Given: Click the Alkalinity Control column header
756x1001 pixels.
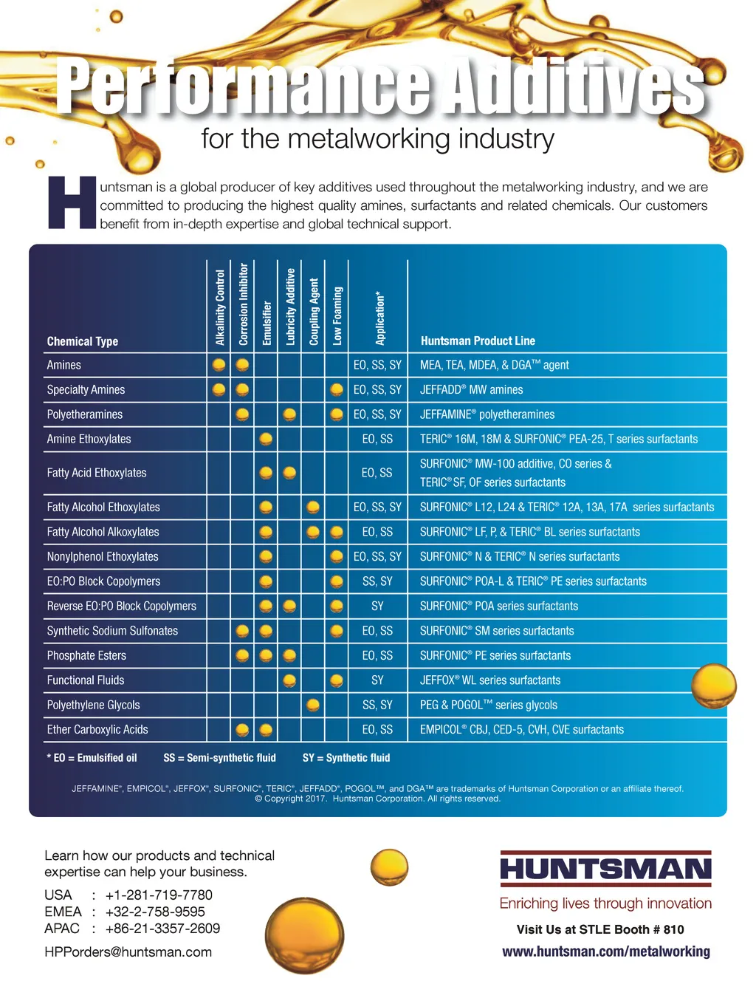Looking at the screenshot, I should tap(220, 307).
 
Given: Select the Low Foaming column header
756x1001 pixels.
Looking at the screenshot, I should tap(337, 315).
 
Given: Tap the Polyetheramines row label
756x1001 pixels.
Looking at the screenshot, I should tap(85, 414).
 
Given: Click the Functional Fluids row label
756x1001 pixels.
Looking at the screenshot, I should tap(86, 680).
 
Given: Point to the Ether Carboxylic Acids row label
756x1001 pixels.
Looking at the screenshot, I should tap(97, 730).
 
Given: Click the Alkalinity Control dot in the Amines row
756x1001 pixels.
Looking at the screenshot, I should tap(219, 365).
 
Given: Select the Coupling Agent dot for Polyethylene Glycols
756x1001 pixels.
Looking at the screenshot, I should tap(313, 705).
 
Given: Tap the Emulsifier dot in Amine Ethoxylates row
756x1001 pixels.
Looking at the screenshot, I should tap(267, 439).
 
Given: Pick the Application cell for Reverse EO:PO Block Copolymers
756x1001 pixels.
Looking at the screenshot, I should tap(377, 607).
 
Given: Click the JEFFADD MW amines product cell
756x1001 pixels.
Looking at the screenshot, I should tap(471, 390).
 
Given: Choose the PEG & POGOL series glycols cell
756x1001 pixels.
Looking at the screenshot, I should tap(489, 706).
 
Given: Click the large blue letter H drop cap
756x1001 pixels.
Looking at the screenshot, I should tap(72, 202).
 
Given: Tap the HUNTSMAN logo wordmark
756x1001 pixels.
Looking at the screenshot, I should tap(605, 869).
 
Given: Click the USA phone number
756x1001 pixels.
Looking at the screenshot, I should tap(159, 895).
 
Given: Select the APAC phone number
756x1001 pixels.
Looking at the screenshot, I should tap(162, 929).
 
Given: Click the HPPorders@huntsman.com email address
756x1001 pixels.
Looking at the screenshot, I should tap(128, 952).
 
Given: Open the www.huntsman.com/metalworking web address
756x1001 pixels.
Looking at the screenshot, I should tap(606, 952).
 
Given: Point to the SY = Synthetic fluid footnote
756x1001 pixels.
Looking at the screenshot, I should tap(346, 758).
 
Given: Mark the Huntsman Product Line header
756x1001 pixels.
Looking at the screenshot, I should tap(478, 341).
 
